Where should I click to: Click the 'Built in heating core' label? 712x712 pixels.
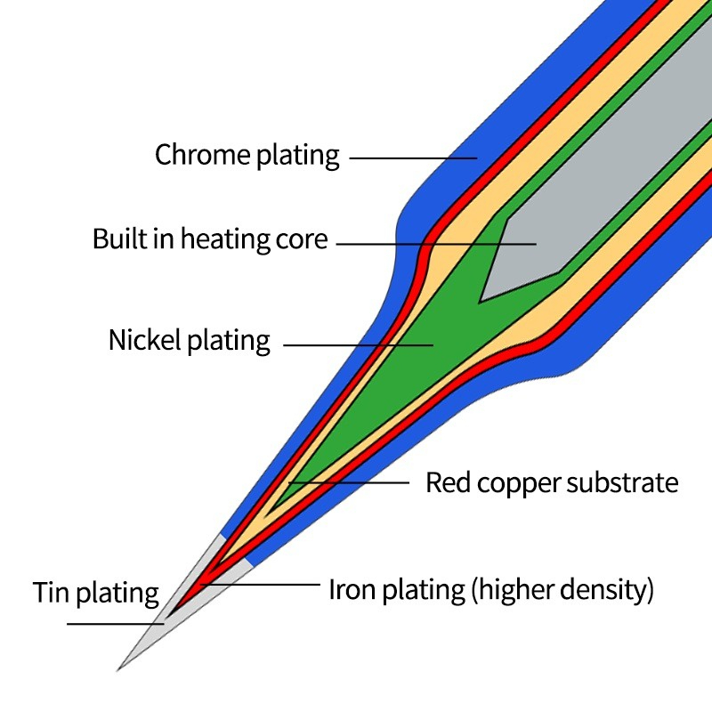[x=210, y=239]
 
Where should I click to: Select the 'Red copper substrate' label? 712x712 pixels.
[x=552, y=483]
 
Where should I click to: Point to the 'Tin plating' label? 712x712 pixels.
[x=96, y=592]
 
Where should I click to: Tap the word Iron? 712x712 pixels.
[x=349, y=589]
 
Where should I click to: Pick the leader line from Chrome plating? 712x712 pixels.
[x=409, y=158]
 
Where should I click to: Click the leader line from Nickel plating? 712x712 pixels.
[x=356, y=344]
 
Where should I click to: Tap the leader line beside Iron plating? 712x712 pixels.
[x=267, y=585]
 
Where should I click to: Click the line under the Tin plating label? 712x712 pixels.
[x=116, y=624]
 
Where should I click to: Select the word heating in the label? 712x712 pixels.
[x=218, y=240]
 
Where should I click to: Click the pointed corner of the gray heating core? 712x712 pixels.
[x=481, y=301]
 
